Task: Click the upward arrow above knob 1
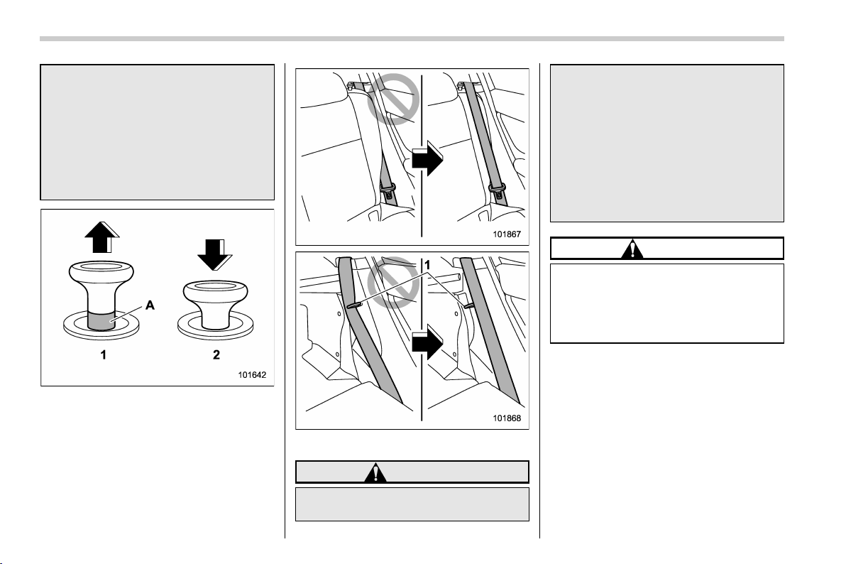(101, 237)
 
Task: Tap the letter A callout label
(150, 305)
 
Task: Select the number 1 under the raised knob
(102, 355)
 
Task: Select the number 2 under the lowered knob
(216, 355)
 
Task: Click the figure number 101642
(252, 375)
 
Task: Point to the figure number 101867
(507, 234)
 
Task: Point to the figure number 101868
(507, 418)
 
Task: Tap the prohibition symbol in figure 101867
(393, 99)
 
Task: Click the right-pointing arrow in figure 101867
(427, 159)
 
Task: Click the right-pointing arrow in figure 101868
(427, 342)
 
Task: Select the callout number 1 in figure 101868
(427, 265)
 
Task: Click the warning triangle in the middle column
(375, 472)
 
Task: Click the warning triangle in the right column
(632, 249)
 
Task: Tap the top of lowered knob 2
(216, 288)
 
